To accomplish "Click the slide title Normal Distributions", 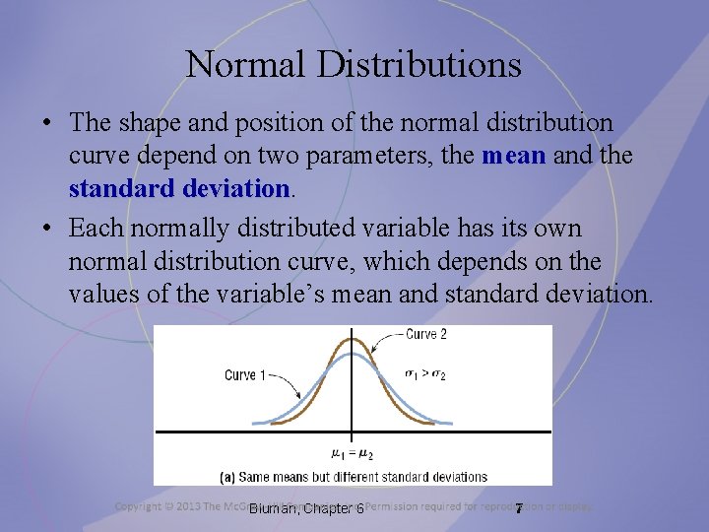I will pyautogui.click(x=354, y=65).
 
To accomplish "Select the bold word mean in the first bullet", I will pyautogui.click(x=513, y=156).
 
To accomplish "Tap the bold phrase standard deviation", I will pyautogui.click(x=179, y=187).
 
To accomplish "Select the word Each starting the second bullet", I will pyautogui.click(x=97, y=229).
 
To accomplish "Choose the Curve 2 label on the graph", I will pyautogui.click(x=426, y=334).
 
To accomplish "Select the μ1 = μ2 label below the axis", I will pyautogui.click(x=352, y=454).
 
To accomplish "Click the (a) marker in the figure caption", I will pyautogui.click(x=226, y=477).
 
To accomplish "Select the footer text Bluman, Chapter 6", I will pyautogui.click(x=306, y=508).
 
